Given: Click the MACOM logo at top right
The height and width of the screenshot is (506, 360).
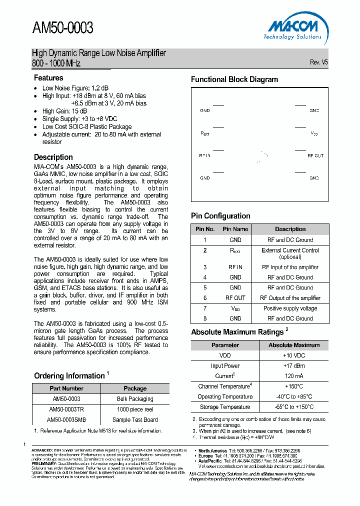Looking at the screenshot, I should (x=292, y=27).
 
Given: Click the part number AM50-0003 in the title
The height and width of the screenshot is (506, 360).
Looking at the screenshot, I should (x=62, y=28).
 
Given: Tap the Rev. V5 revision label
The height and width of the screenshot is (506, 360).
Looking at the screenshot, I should (x=318, y=62).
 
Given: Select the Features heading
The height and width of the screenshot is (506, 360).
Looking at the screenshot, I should (x=48, y=78).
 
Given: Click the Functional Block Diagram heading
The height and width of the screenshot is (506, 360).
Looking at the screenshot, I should (x=234, y=79).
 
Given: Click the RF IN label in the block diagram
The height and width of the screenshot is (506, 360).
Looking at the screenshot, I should (x=205, y=155).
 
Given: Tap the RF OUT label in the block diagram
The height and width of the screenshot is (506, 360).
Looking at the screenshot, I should (x=315, y=155).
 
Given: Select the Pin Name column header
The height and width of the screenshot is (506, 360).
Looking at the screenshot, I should (x=235, y=229).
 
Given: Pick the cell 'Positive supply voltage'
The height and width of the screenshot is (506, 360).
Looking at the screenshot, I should (x=290, y=308).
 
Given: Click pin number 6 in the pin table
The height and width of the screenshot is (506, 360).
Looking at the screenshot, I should (x=205, y=298).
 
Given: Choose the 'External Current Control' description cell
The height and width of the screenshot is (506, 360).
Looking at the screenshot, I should (x=290, y=253).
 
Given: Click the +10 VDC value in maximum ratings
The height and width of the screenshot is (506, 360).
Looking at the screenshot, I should (x=293, y=355).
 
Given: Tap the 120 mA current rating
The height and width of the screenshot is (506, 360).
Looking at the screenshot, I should (x=293, y=376).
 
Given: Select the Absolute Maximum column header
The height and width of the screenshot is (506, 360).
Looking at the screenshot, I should (x=293, y=345).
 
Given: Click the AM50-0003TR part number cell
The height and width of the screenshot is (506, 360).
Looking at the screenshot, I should (x=66, y=409).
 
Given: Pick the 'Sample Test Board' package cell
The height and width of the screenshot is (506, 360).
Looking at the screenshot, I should (x=135, y=419).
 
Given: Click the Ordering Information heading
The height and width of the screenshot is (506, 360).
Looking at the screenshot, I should (x=69, y=376).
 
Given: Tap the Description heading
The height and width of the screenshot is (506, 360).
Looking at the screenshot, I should (x=53, y=157).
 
